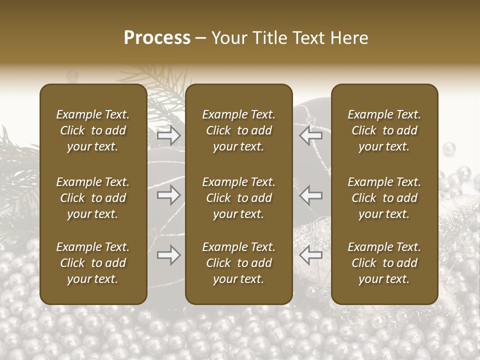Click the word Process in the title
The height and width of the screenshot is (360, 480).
click(157, 38)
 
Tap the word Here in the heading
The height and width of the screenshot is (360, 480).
click(350, 38)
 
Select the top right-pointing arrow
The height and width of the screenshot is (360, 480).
click(168, 135)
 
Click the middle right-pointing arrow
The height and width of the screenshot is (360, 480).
click(168, 195)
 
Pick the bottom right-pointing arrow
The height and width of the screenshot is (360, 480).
click(168, 255)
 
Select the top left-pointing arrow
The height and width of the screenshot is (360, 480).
click(311, 135)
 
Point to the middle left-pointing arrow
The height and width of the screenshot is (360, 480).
click(311, 195)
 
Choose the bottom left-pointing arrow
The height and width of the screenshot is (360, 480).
click(311, 255)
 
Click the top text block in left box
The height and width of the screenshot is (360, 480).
click(93, 130)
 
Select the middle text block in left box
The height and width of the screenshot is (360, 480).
click(93, 198)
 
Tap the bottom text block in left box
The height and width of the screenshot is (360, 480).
click(93, 263)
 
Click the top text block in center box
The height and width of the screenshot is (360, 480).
click(239, 130)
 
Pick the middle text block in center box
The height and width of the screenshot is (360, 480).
click(239, 198)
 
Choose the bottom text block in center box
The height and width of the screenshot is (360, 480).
click(239, 263)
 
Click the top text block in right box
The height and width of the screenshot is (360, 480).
click(384, 130)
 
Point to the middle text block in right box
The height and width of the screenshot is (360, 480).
click(384, 198)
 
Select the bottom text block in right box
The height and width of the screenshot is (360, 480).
click(384, 263)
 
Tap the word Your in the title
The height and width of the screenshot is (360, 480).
click(229, 38)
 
